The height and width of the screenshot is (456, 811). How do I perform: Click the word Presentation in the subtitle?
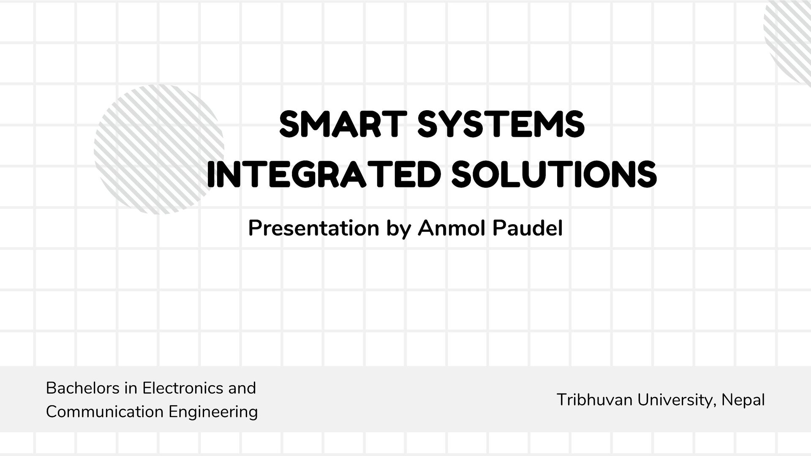tap(313, 228)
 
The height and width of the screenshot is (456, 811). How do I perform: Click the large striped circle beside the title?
tap(158, 149)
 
